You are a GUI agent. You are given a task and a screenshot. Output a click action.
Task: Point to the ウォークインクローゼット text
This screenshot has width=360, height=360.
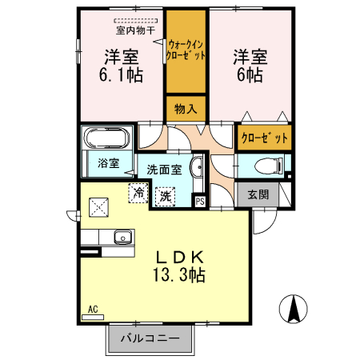click(x=186, y=51)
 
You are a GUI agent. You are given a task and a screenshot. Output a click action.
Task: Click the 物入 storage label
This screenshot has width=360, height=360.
click(x=186, y=108)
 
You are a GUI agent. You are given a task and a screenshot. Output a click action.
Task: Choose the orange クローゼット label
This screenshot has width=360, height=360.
click(x=264, y=138)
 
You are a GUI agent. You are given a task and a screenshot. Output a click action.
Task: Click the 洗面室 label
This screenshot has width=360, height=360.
click(x=164, y=170)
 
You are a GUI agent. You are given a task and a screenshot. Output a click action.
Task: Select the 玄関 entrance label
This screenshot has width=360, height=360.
click(x=258, y=194)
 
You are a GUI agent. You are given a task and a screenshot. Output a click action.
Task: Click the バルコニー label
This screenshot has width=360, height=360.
click(x=150, y=338)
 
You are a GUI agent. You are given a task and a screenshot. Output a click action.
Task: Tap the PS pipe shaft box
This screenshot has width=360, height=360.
click(x=200, y=201)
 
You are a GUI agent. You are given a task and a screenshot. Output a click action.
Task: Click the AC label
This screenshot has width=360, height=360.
click(x=92, y=309)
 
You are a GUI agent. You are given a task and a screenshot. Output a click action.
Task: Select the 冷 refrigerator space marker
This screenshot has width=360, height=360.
click(x=139, y=193)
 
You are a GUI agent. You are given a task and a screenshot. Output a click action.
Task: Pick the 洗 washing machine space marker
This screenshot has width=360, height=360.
click(x=166, y=195)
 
